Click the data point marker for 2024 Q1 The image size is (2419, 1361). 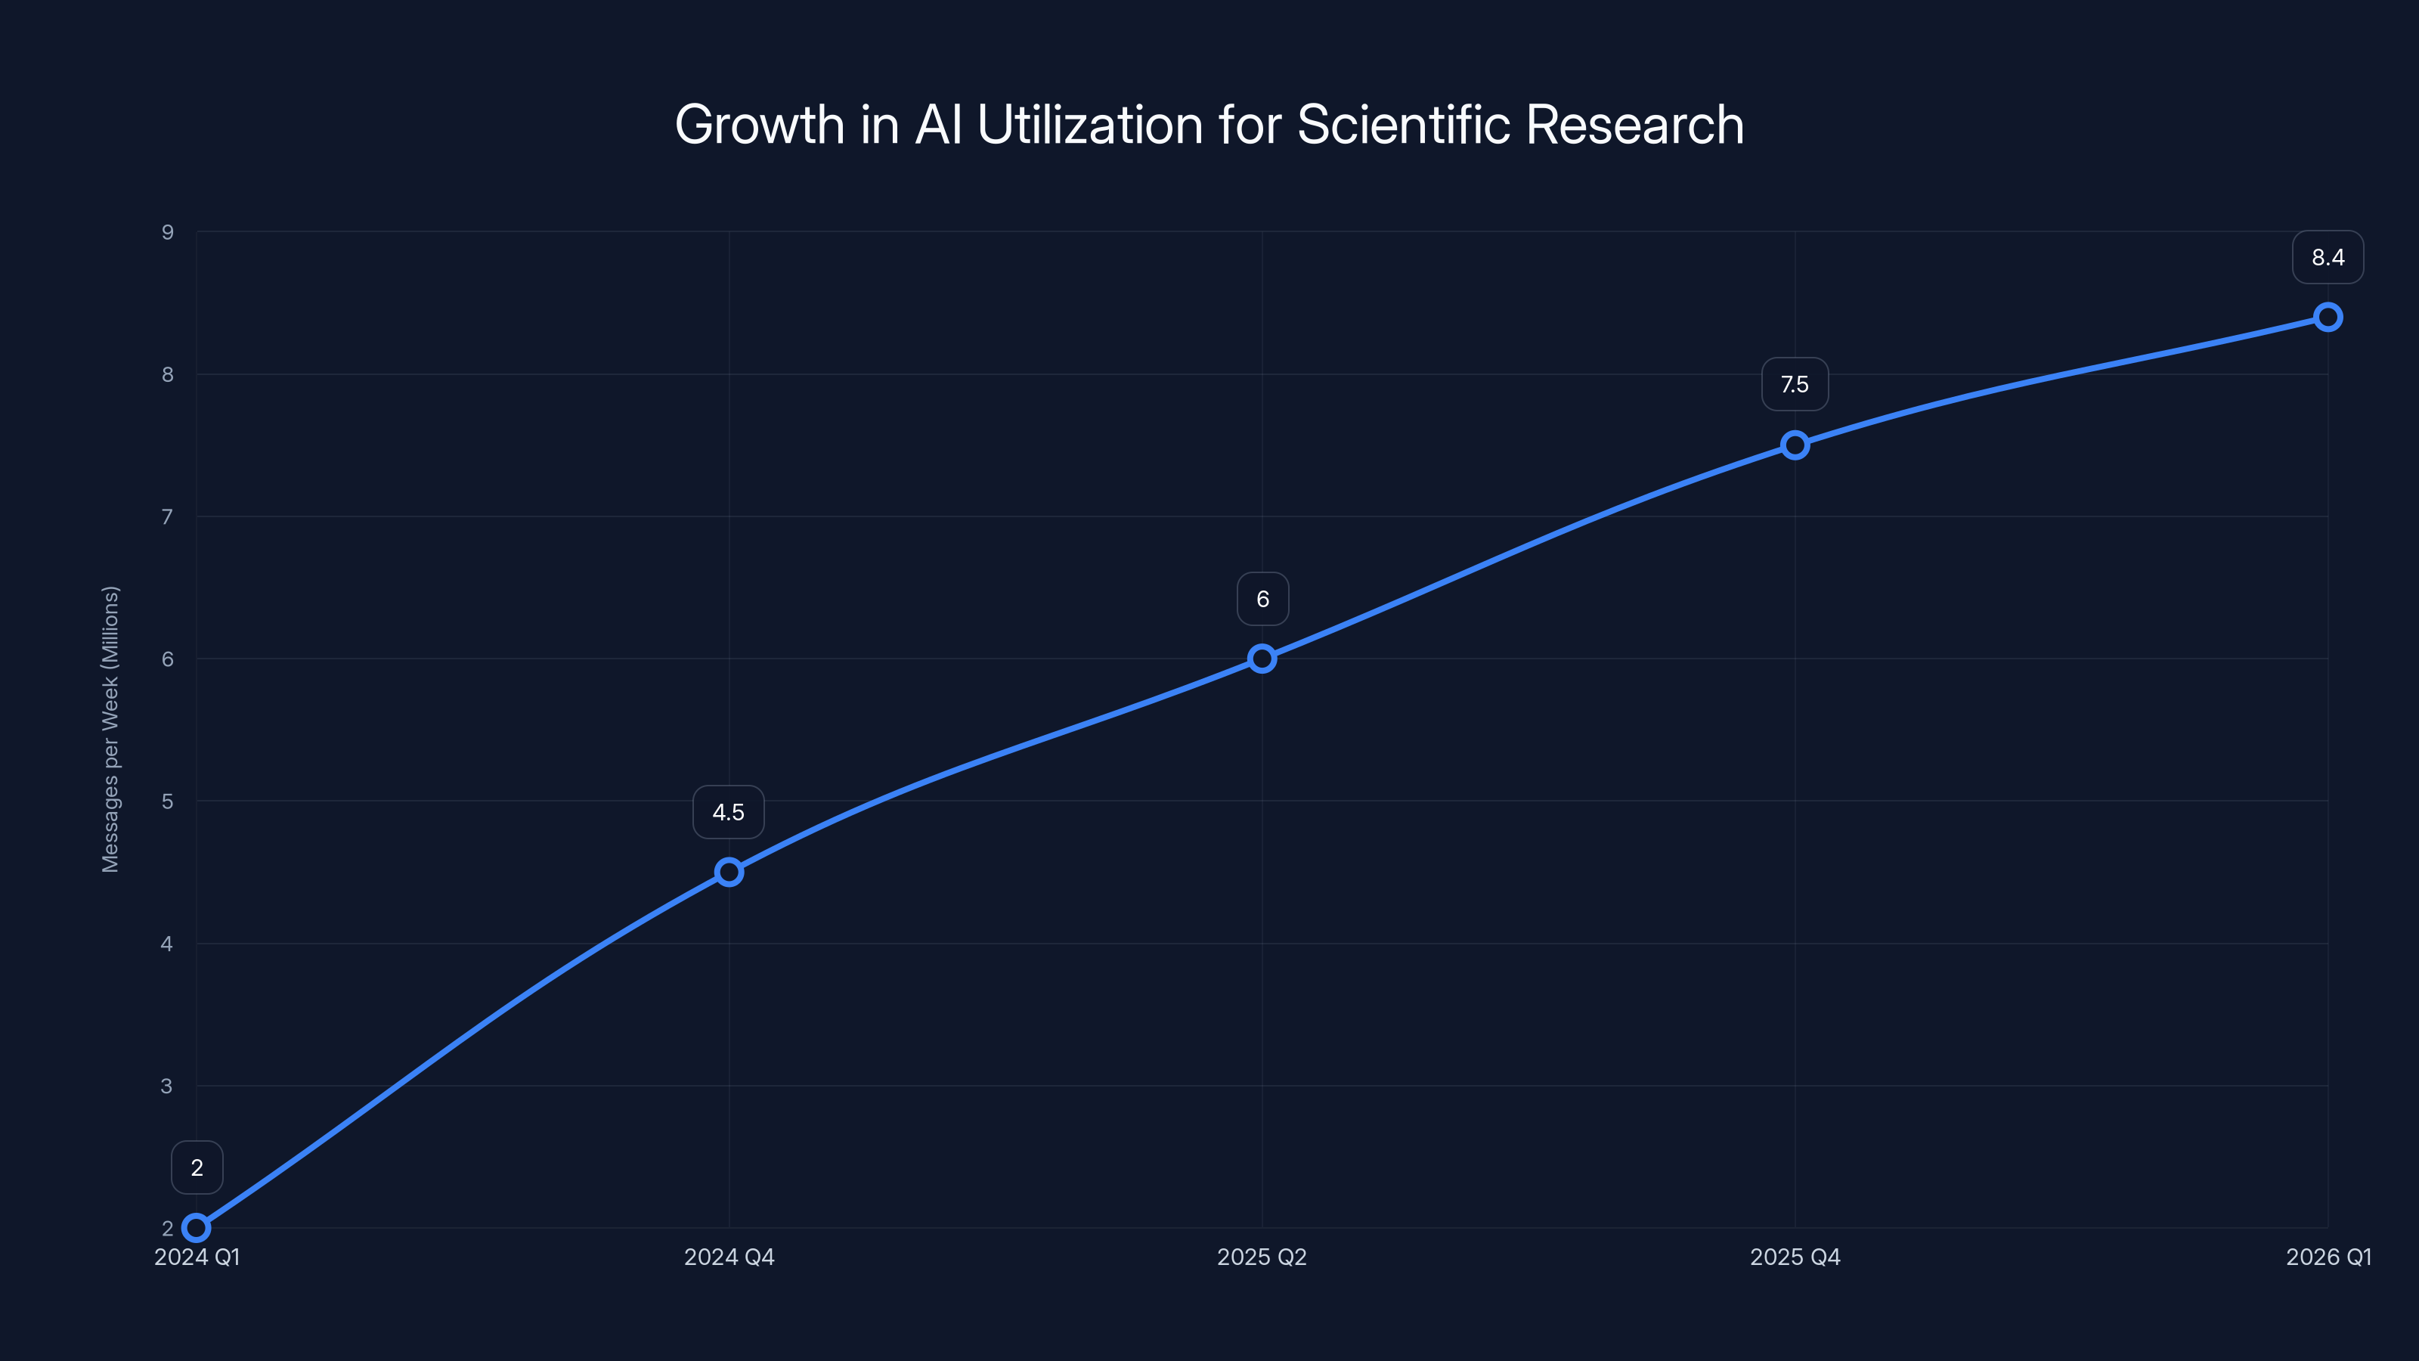[x=197, y=1228]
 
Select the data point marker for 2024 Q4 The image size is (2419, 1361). [x=729, y=872]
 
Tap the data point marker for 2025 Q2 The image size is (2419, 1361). [x=1262, y=659]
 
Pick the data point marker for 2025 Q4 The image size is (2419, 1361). [x=1795, y=445]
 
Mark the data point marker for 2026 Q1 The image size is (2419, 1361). [x=2328, y=317]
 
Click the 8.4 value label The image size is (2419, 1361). [x=2328, y=257]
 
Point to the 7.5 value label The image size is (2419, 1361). [x=1795, y=384]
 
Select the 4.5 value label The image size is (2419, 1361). [x=729, y=813]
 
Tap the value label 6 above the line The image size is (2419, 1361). [x=1262, y=600]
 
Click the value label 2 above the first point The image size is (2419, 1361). [x=197, y=1167]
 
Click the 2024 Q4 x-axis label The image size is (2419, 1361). [x=729, y=1257]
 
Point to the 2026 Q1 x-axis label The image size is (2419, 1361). [x=2328, y=1257]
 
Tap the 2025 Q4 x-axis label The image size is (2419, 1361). [x=1795, y=1257]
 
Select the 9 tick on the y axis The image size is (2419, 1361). [x=167, y=232]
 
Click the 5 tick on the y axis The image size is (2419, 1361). [x=167, y=801]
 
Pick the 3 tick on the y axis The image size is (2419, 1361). [x=167, y=1086]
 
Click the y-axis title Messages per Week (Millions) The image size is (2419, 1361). [x=111, y=729]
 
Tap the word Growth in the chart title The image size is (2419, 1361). [x=759, y=125]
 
